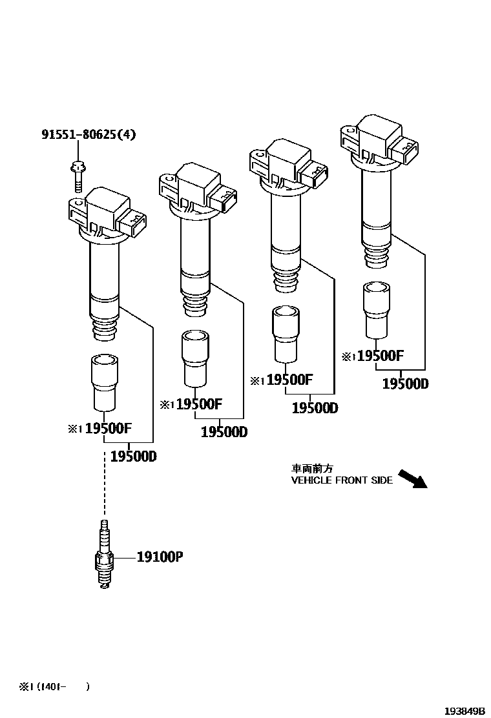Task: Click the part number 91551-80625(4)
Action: [89, 135]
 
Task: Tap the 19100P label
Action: [160, 557]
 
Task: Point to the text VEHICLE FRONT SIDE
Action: [342, 480]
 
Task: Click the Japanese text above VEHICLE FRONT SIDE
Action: [312, 469]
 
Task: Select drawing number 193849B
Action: [464, 710]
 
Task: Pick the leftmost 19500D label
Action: [133, 456]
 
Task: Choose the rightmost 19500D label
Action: [405, 384]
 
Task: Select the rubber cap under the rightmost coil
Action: [376, 309]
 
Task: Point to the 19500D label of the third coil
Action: [315, 408]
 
